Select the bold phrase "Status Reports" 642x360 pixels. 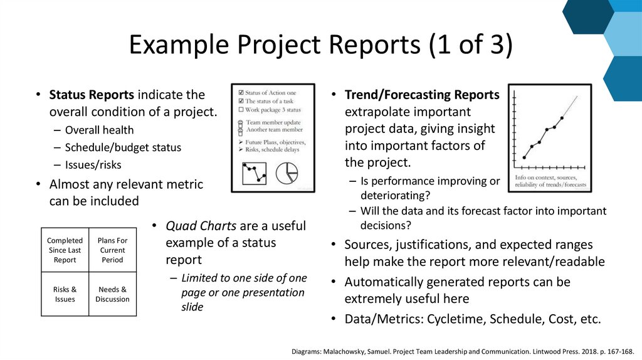(92, 95)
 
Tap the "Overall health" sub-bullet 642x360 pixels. (99, 130)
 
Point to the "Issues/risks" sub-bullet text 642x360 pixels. (93, 165)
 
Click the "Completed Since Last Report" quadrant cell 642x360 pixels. (65, 250)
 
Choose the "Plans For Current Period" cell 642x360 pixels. (112, 250)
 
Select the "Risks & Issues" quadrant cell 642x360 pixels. (65, 294)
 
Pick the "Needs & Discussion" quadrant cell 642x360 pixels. (112, 294)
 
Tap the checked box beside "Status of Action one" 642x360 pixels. (241, 93)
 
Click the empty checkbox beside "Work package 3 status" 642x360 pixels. (241, 109)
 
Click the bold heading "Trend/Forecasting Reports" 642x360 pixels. (422, 95)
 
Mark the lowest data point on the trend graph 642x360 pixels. (524, 157)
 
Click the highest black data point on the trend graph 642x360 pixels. (562, 117)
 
